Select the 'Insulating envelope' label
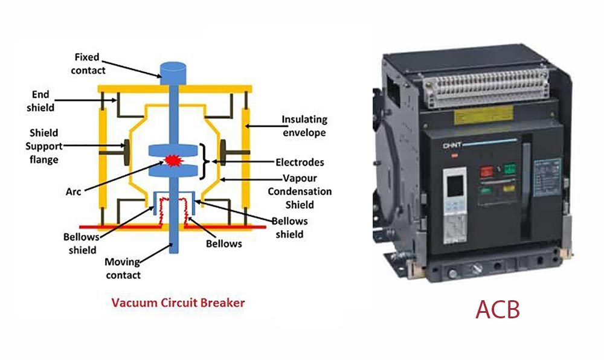pyautogui.click(x=305, y=126)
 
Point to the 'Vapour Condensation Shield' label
pyautogui.click(x=307, y=191)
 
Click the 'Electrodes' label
pyautogui.click(x=300, y=162)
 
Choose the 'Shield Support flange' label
pyautogui.click(x=44, y=146)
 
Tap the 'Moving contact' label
pyautogui.click(x=123, y=268)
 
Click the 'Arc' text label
pyautogui.click(x=73, y=191)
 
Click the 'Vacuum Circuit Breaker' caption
pyautogui.click(x=178, y=302)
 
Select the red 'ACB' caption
pyautogui.click(x=497, y=309)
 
